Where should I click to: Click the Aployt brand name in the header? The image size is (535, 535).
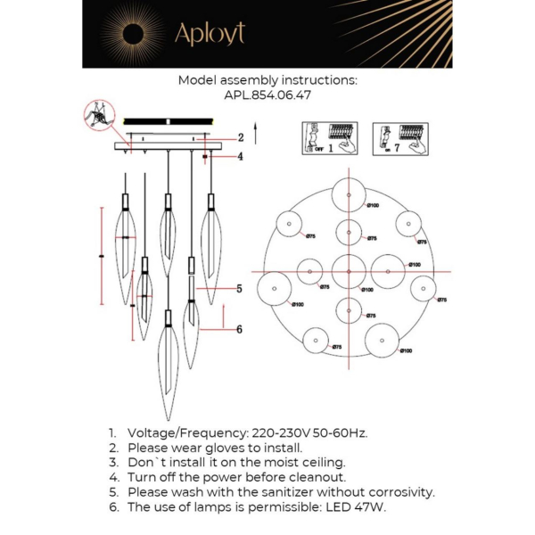209,34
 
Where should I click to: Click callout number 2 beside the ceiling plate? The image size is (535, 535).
240,137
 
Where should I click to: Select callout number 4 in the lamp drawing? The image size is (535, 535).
240,157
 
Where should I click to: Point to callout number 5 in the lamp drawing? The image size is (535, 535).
239,288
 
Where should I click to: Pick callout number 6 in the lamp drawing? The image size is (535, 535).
239,329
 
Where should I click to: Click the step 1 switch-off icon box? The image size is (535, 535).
329,139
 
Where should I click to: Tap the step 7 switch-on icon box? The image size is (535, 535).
399,139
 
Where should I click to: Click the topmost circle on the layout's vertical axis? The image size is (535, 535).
348,195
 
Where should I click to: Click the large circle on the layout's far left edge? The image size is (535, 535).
275,288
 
